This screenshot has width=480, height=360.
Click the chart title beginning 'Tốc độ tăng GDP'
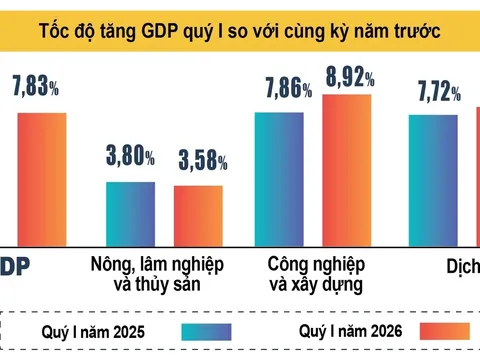(240, 24)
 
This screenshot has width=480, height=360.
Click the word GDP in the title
(182, 24)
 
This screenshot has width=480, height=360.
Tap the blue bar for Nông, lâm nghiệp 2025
(131, 212)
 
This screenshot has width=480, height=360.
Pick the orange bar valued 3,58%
(198, 214)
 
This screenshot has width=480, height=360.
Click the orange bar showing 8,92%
(347, 168)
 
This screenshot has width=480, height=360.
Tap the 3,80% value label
(131, 156)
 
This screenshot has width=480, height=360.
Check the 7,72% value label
(437, 94)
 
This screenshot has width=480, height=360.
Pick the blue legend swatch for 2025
(207, 331)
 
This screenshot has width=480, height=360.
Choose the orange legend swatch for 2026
(450, 331)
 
